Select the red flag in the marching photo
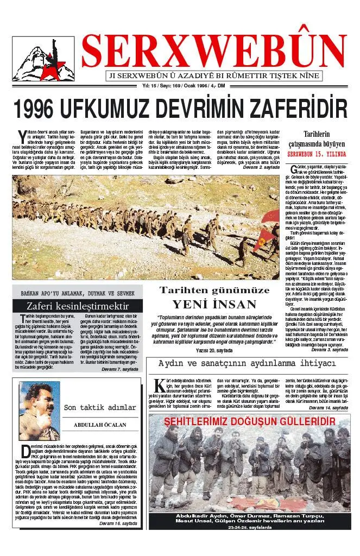(x=264, y=238)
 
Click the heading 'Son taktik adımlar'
(x=100, y=407)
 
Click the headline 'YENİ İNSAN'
(x=214, y=304)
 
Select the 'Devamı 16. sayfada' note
(x=118, y=523)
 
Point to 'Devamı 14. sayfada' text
(x=329, y=407)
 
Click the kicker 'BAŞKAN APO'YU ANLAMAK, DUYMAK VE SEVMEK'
(x=78, y=290)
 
